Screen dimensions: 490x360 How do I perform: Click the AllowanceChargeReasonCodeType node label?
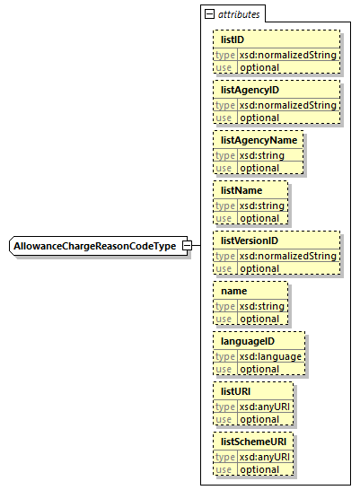(x=93, y=246)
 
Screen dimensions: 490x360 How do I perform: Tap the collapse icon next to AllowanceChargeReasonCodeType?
(x=187, y=246)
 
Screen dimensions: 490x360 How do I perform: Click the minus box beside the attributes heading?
(x=210, y=15)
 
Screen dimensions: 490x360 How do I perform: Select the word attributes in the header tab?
(x=240, y=15)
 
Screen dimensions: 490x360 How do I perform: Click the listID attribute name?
(x=233, y=40)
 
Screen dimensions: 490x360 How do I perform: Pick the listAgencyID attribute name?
(x=250, y=91)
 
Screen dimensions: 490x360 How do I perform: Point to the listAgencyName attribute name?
(x=259, y=141)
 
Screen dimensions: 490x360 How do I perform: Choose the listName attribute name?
(x=241, y=191)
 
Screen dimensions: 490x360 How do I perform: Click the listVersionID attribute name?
(x=251, y=241)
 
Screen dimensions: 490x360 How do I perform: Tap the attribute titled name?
(x=235, y=292)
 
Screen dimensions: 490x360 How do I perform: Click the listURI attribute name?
(x=237, y=392)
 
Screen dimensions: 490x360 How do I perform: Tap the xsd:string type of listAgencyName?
(x=261, y=155)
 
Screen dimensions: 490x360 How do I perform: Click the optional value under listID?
(x=259, y=67)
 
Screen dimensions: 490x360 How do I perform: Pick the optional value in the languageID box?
(x=259, y=369)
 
